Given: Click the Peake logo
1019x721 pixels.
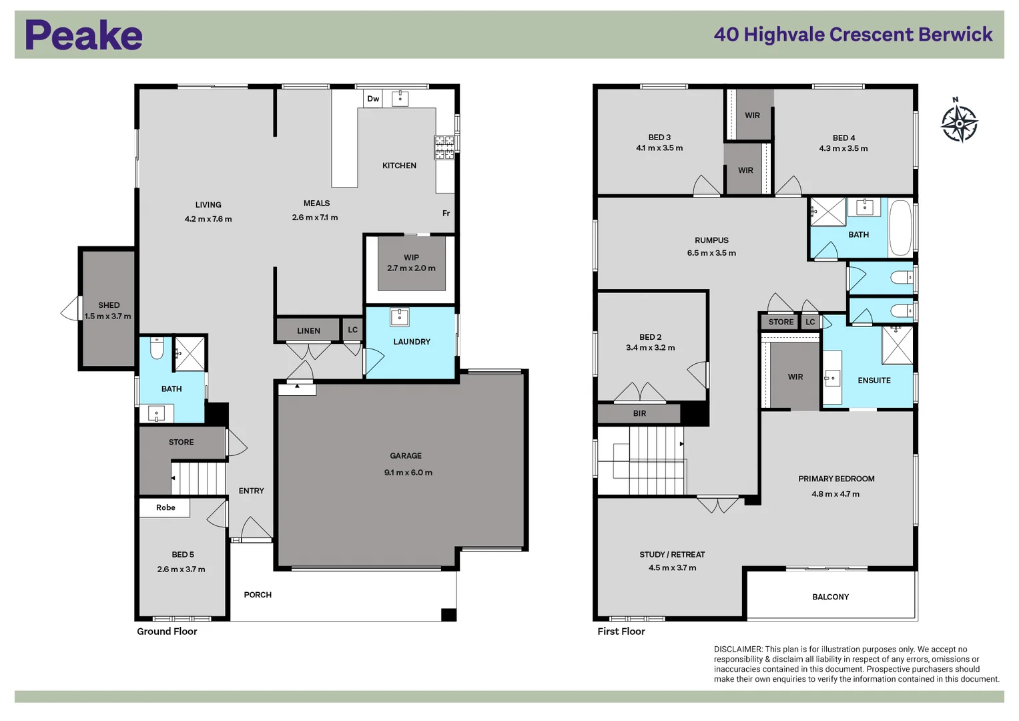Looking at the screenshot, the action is click(x=83, y=35).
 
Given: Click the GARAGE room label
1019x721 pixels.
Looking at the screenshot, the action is click(x=406, y=455).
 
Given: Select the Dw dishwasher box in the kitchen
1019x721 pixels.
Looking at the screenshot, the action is click(x=373, y=99).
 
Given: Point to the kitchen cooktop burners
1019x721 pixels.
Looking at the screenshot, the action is click(x=444, y=148).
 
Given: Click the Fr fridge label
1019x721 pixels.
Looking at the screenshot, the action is click(x=446, y=213).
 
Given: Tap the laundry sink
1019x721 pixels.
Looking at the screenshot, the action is click(x=400, y=317).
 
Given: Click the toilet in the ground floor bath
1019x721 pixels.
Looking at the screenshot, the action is click(x=157, y=348).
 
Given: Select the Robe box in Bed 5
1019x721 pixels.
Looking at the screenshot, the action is click(x=165, y=507).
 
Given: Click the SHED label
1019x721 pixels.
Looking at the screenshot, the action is click(x=109, y=305).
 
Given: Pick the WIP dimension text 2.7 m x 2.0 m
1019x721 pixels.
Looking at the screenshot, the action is click(x=411, y=268).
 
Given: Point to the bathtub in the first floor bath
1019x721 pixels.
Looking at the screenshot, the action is click(x=900, y=228).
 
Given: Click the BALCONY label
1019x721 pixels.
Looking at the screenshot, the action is click(x=831, y=597).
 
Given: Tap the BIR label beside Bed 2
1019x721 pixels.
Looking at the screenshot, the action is click(x=639, y=413).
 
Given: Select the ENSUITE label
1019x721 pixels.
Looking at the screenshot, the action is click(x=874, y=381).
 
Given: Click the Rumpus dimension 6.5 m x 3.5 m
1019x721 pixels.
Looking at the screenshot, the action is click(x=711, y=252).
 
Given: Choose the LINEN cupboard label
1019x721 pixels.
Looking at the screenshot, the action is click(x=308, y=331).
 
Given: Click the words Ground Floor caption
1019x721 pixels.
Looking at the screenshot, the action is click(x=167, y=632).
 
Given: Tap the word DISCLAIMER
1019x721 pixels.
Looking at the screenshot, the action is click(x=737, y=649).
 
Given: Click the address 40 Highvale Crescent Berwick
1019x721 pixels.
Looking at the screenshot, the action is click(x=853, y=35).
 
